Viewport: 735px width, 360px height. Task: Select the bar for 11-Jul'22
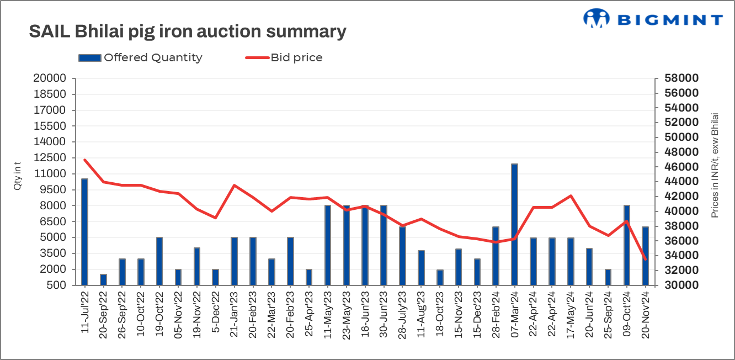(x=84, y=232)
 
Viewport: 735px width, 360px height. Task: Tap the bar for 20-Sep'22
(x=103, y=279)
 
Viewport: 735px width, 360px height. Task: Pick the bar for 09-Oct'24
(x=627, y=245)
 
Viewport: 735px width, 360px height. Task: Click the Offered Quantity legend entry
(x=141, y=57)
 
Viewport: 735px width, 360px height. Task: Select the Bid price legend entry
(x=284, y=57)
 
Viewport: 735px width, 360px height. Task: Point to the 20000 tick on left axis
(x=55, y=78)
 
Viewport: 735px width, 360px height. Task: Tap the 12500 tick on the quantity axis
(x=55, y=158)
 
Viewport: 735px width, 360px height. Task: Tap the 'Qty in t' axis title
(x=18, y=176)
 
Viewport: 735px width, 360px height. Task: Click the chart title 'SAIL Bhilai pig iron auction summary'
(x=188, y=31)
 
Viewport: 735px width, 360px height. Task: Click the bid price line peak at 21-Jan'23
(x=234, y=186)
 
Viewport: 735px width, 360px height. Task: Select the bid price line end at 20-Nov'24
(x=645, y=259)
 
